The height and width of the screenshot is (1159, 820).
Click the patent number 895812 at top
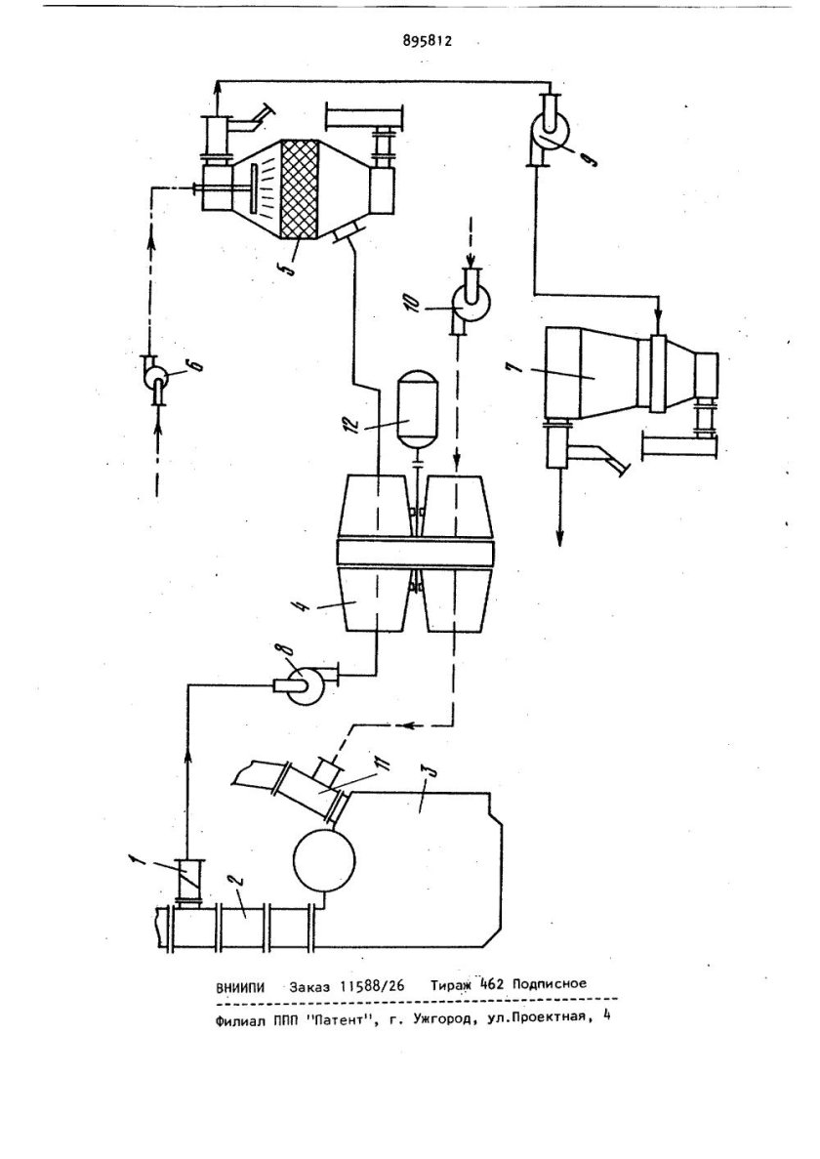[x=427, y=41]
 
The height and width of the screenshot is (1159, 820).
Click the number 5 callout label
[x=290, y=264]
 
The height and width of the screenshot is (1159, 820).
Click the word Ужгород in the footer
[x=439, y=1018]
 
